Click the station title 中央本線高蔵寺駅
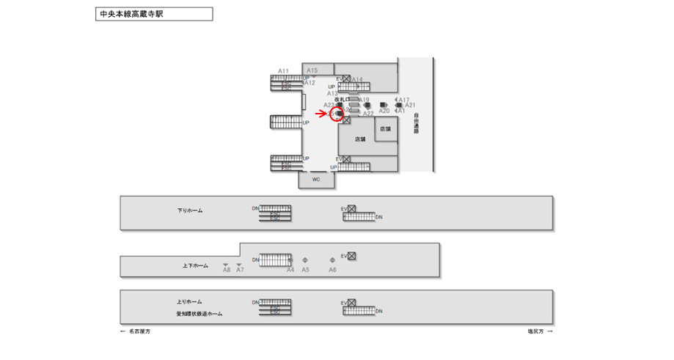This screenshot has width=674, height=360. click(x=130, y=14)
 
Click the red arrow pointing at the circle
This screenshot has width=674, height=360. click(x=322, y=114)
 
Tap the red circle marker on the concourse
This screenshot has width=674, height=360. click(x=336, y=114)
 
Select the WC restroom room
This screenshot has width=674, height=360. click(x=316, y=179)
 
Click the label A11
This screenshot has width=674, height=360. click(x=283, y=71)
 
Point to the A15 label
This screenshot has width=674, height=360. click(x=312, y=70)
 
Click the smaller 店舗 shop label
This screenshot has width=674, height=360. click(x=386, y=129)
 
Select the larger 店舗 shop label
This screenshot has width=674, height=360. click(x=360, y=139)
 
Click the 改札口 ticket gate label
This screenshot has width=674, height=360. click(x=343, y=98)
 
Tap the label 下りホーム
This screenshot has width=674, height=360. click(x=190, y=210)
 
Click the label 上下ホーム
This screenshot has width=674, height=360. click(x=195, y=265)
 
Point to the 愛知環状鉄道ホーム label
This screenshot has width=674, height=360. click(x=199, y=314)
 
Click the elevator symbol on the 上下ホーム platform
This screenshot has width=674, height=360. click(x=352, y=256)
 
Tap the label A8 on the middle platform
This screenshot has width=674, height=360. click(x=227, y=271)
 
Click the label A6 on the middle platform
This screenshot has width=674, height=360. click(x=332, y=270)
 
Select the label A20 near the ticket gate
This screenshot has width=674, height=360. click(x=384, y=111)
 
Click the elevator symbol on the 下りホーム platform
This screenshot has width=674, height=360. click(x=351, y=209)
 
